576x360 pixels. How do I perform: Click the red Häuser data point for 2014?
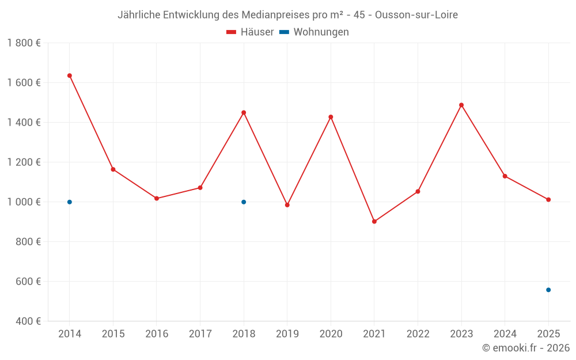[x=70, y=75]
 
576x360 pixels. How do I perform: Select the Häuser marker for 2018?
[x=244, y=112]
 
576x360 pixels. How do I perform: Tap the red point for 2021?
[x=374, y=221]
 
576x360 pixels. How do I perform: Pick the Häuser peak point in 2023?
[x=461, y=105]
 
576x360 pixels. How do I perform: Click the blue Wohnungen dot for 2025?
[x=548, y=290]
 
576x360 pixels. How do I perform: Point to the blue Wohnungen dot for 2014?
[x=70, y=202]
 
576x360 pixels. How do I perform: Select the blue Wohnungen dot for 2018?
[x=244, y=202]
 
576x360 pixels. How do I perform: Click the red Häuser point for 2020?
[x=331, y=117]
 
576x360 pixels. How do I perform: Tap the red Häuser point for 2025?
[x=548, y=200]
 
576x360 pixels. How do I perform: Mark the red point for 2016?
[x=157, y=198]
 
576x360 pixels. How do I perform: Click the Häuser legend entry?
[x=250, y=32]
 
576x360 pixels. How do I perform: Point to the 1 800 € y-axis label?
[x=24, y=43]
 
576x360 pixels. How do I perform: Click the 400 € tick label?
[x=28, y=321]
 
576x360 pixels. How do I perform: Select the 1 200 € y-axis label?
[x=24, y=162]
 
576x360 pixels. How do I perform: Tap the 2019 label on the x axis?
[x=287, y=334]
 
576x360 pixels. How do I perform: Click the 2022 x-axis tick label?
[x=418, y=334]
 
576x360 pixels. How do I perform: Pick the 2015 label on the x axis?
[x=113, y=334]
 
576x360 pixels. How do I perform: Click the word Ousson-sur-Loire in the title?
[x=416, y=15]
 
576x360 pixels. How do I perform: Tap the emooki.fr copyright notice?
[x=525, y=348]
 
